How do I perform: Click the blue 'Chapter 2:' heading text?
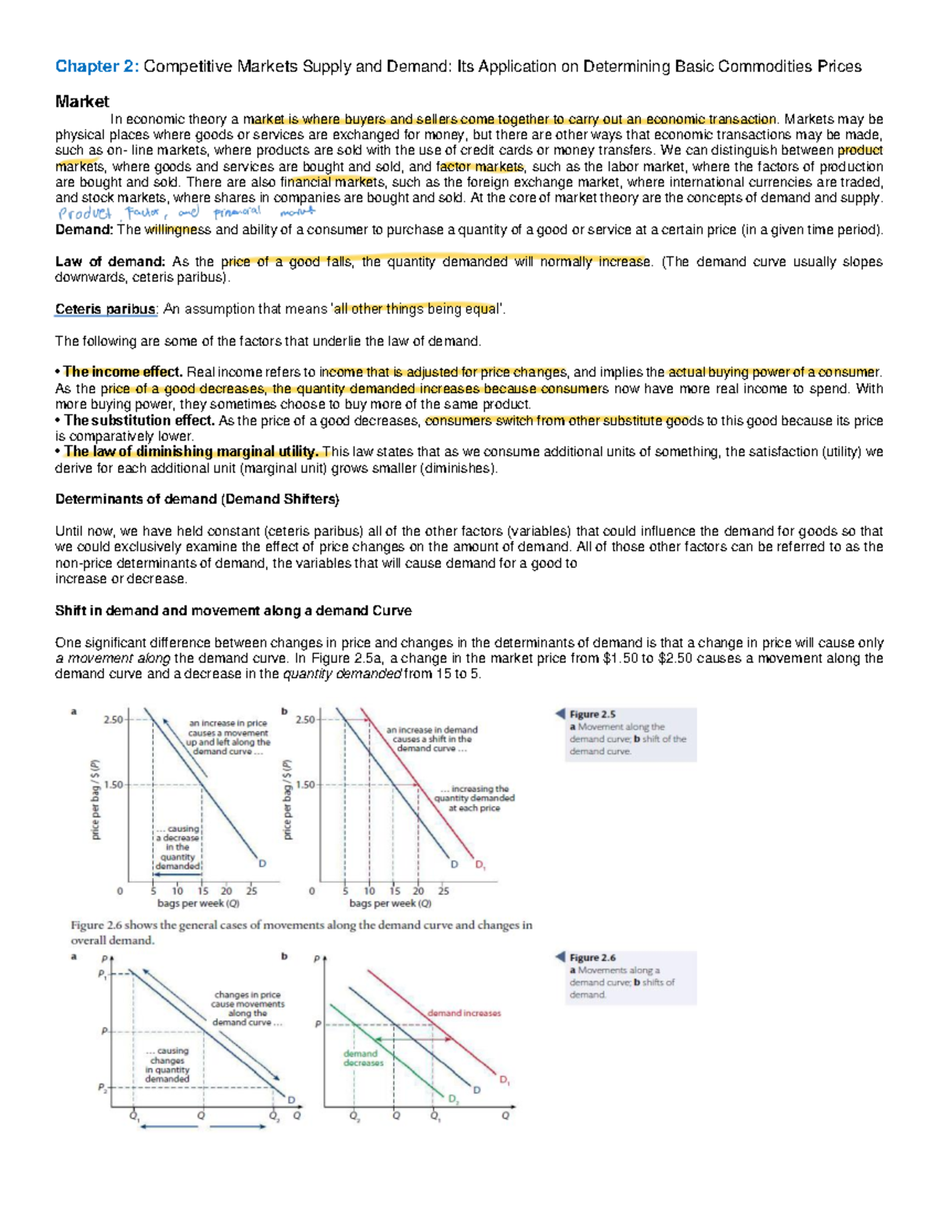pos(96,67)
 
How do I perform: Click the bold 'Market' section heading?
pos(81,102)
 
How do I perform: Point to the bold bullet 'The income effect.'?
pos(122,372)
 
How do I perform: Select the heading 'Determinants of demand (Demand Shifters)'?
pos(196,499)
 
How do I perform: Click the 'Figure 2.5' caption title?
pos(592,714)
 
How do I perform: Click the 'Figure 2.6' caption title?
pos(592,958)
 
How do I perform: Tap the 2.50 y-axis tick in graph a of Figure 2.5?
pos(113,720)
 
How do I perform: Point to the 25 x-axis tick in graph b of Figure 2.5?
pos(443,890)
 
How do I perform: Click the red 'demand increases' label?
pos(464,1013)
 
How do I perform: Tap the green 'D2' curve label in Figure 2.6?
pos(454,1099)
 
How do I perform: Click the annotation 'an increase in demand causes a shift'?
pos(432,739)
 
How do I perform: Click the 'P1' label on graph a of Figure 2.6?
pos(102,974)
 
